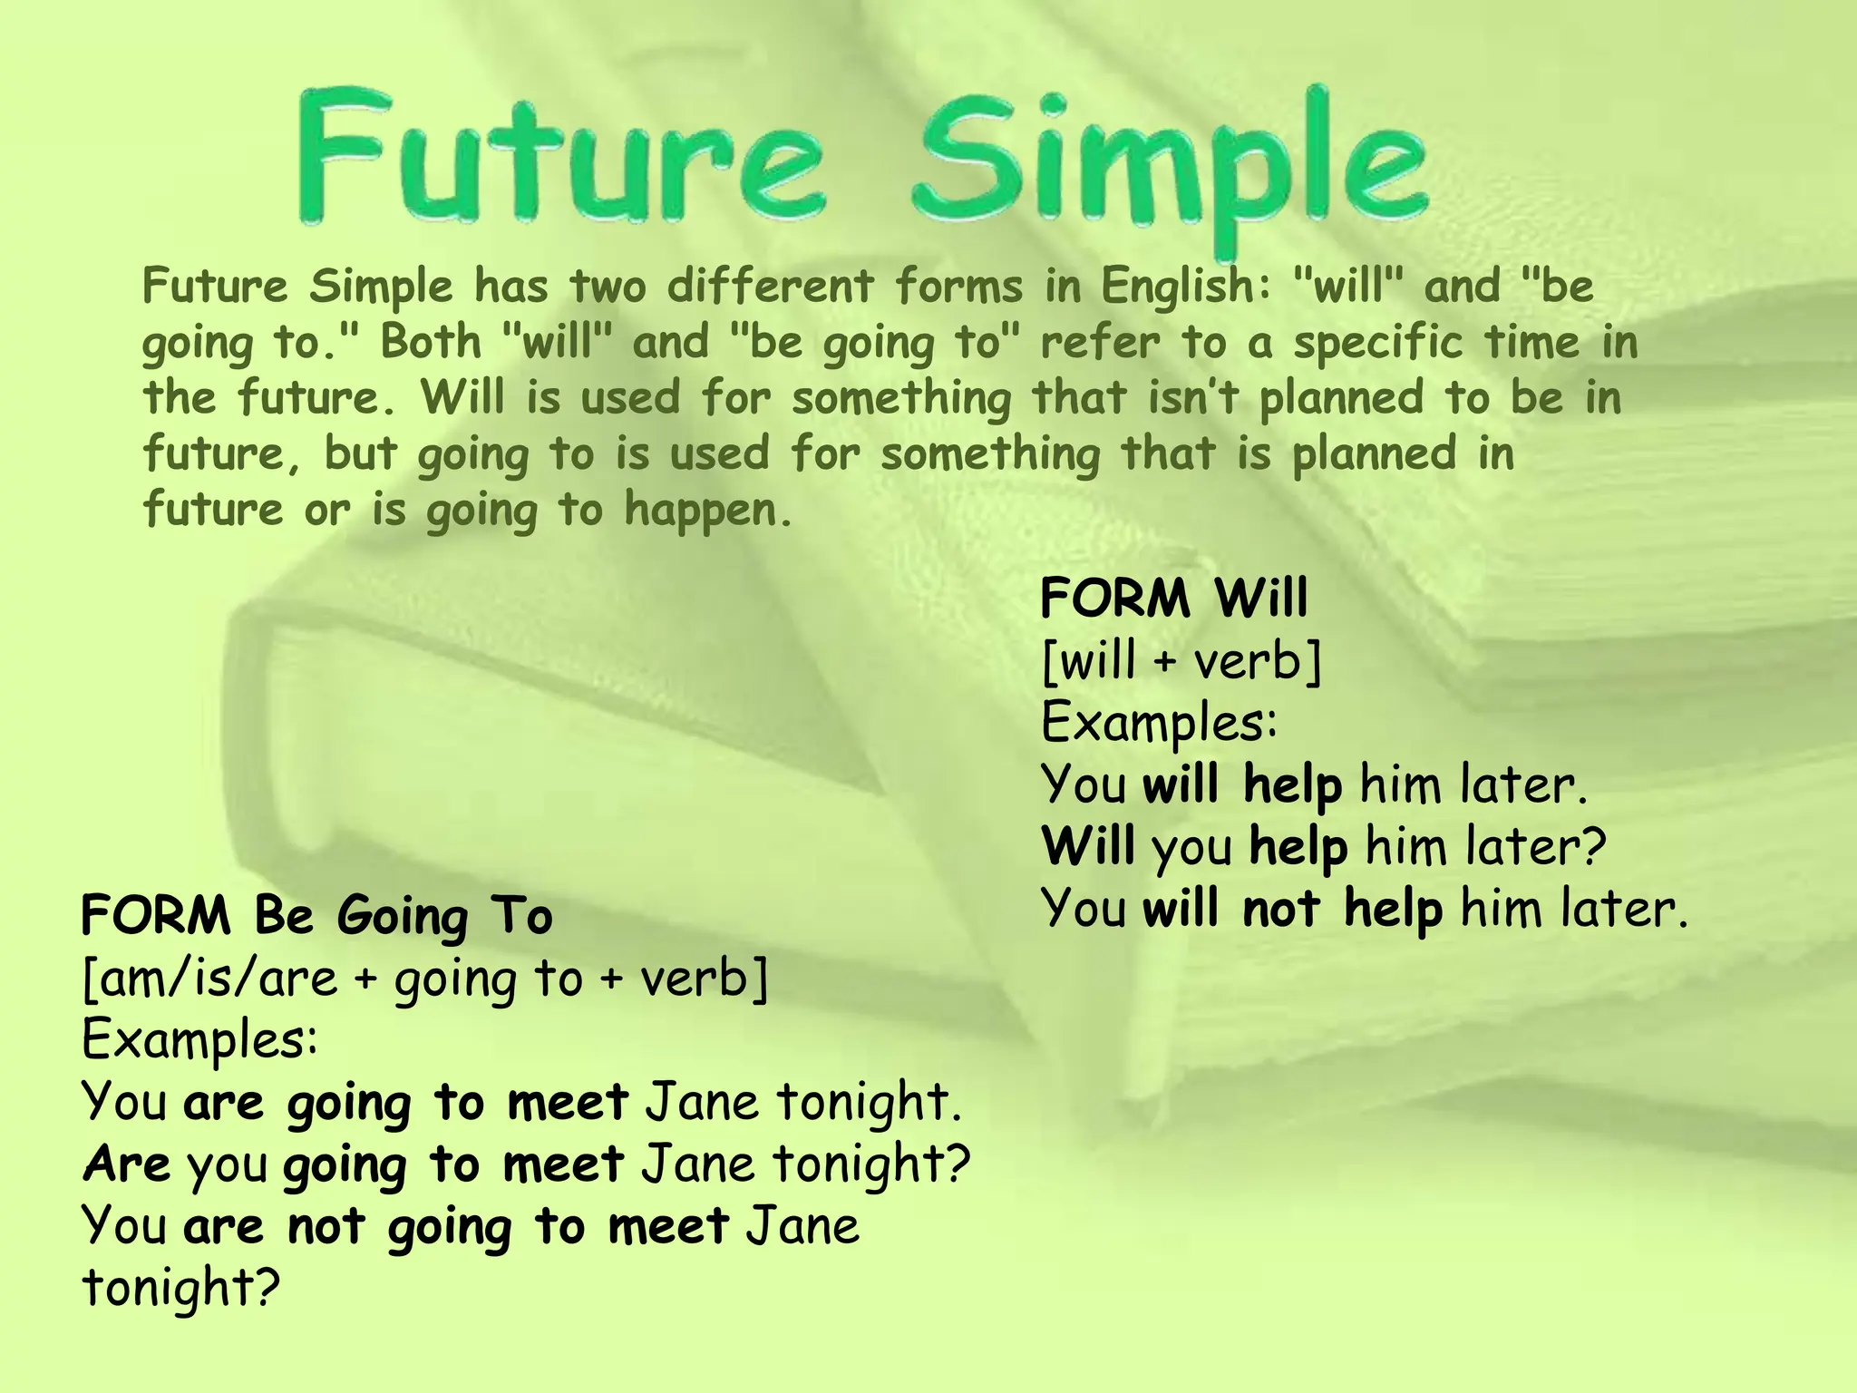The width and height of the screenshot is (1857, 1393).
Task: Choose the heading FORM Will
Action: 1174,599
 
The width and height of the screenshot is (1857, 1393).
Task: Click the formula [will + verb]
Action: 1181,660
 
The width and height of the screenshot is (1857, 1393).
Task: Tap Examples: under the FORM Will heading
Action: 1159,723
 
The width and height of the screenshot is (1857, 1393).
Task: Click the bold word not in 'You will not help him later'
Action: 1280,909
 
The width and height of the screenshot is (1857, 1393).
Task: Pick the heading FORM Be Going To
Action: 316,915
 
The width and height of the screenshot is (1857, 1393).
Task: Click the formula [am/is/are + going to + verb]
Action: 424,979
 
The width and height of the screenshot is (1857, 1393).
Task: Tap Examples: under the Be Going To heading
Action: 200,1040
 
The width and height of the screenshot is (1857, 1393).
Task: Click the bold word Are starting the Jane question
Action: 126,1164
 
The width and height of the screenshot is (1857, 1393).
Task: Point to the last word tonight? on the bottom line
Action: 180,1288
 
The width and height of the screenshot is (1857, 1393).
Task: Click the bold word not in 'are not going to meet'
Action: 326,1226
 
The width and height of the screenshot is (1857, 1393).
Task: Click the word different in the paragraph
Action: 770,287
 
